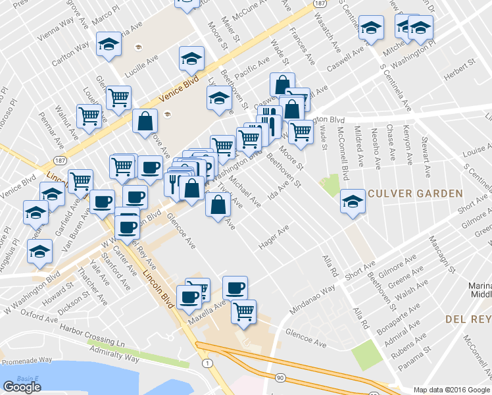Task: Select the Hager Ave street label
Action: (274, 238)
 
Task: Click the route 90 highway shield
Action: (281, 378)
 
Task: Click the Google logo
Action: (22, 387)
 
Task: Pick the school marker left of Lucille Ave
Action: (109, 45)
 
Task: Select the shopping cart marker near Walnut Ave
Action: (89, 116)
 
